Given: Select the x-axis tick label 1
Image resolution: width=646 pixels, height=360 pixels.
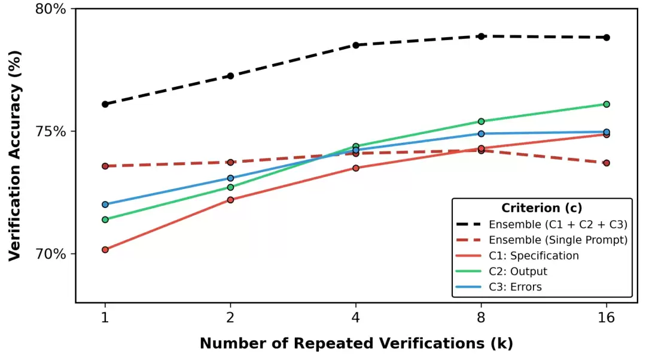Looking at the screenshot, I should click(x=105, y=318).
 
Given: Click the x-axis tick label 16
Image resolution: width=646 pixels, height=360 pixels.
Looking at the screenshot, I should click(x=607, y=318).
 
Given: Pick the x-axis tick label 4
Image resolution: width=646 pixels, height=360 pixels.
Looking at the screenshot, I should click(x=356, y=318).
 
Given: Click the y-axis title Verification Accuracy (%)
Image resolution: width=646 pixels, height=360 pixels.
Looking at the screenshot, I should click(x=16, y=155).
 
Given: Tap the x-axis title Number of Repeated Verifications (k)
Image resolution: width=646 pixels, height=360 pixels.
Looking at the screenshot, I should click(x=356, y=344).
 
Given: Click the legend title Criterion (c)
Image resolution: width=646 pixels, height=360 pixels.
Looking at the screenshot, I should click(x=541, y=208).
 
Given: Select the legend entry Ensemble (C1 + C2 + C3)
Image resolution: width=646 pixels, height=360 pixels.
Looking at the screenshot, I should click(x=557, y=225).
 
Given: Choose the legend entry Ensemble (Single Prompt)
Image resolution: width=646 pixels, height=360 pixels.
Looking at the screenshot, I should click(x=557, y=240).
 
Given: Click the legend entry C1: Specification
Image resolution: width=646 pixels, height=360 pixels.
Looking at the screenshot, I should click(x=534, y=256).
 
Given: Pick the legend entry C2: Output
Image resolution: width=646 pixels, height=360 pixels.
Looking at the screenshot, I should click(x=518, y=271).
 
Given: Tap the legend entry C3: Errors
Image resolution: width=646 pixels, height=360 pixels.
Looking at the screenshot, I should click(x=515, y=287).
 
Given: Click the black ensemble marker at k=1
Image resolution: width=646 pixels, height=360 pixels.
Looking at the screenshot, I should click(x=105, y=104).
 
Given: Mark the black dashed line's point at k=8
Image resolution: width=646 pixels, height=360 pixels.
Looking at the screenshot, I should click(x=481, y=36).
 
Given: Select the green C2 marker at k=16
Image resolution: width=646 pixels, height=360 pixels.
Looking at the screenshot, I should click(x=607, y=104).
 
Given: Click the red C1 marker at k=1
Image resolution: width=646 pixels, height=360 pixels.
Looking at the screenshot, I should click(x=105, y=249).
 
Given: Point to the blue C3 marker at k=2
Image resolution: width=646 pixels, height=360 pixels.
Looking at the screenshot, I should click(x=230, y=178).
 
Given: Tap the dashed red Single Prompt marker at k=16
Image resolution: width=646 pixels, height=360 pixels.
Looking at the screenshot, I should click(x=607, y=163).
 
